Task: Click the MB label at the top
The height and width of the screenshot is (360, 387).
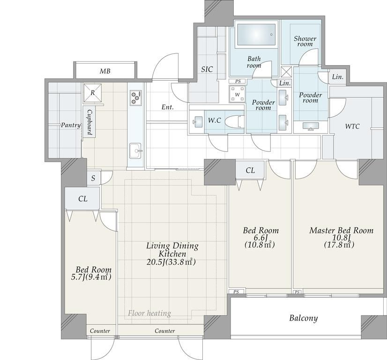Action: point(105,71)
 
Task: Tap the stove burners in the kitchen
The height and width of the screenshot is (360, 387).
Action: point(136,98)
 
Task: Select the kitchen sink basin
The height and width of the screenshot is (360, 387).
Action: point(135,151)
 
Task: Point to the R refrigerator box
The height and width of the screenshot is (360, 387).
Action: point(93,93)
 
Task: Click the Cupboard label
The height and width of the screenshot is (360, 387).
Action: point(89,122)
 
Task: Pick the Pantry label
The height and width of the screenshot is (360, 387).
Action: point(71,125)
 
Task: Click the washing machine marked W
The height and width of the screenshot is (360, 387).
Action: point(237,94)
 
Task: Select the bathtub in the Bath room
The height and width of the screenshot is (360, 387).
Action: point(256,35)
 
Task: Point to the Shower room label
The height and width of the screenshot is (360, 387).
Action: point(305,41)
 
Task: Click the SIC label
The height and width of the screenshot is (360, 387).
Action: point(207,69)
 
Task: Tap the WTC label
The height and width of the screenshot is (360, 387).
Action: point(352,127)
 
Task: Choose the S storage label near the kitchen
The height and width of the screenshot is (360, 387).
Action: point(93,178)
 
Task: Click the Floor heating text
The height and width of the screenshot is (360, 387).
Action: point(149,313)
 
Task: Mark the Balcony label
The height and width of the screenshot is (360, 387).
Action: point(303,318)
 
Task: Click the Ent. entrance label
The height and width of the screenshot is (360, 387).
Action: point(168,107)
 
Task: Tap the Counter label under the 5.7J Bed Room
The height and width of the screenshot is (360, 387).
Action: point(100,331)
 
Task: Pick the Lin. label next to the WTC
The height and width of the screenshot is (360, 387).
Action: point(338,77)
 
